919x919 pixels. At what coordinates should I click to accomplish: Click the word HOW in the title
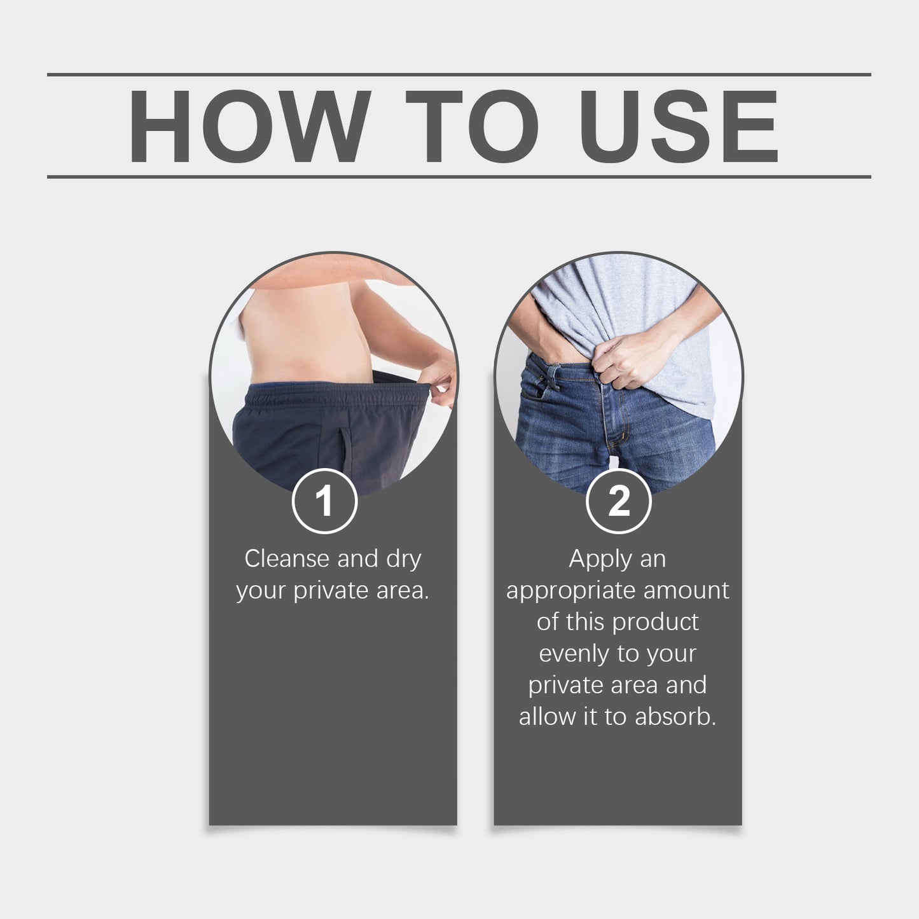click(249, 127)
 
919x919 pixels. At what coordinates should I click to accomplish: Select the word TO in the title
click(472, 127)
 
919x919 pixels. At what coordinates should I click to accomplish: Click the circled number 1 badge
click(324, 501)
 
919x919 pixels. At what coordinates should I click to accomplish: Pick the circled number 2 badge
click(619, 501)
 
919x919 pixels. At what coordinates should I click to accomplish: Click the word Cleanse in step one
click(287, 558)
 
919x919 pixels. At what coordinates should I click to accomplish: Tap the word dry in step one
click(404, 560)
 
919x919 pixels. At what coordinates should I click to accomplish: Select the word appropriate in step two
click(571, 592)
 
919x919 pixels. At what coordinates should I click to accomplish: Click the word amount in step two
click(686, 591)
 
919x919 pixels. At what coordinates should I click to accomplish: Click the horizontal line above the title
click(459, 74)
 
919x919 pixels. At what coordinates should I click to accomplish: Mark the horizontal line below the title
click(459, 176)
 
